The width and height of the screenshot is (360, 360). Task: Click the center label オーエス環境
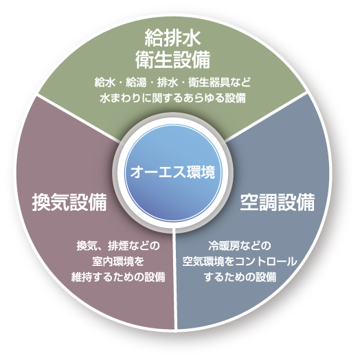(x=172, y=172)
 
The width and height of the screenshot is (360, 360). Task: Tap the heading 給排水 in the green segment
(x=173, y=38)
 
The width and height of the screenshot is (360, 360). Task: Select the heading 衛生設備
(x=172, y=60)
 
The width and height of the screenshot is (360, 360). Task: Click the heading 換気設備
(x=69, y=202)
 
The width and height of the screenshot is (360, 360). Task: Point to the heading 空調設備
(x=278, y=202)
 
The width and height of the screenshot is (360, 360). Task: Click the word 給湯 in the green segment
(x=136, y=82)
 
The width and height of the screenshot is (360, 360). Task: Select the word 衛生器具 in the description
(x=209, y=82)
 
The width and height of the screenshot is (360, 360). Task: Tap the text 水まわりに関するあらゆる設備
(x=172, y=98)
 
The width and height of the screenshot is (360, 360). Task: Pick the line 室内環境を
(x=118, y=262)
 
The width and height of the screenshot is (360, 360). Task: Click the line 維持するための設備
(x=118, y=277)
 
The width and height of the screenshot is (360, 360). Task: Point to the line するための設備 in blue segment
(x=240, y=277)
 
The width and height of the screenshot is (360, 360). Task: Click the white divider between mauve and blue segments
(x=176, y=278)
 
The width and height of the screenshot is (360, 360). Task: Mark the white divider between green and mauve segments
(x=78, y=117)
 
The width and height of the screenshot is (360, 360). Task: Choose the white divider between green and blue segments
(x=267, y=116)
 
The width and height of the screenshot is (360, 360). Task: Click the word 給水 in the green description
(x=105, y=82)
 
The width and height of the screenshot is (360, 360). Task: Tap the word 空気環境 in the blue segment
(x=203, y=262)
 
